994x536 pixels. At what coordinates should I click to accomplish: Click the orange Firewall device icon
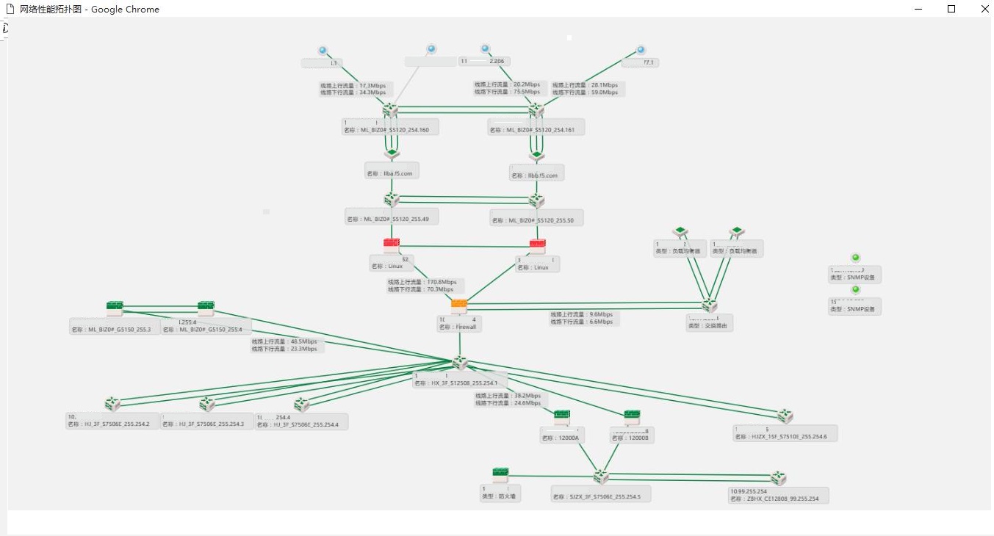pos(459,305)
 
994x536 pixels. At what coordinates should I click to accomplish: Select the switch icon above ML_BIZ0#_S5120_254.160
pos(390,109)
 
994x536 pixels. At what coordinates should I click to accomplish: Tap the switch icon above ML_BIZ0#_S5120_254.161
pos(536,109)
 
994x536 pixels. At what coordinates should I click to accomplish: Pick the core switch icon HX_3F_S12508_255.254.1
pos(460,363)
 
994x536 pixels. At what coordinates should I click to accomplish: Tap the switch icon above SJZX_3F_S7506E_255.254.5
pos(601,477)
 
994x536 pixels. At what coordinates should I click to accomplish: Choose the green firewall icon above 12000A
pos(562,416)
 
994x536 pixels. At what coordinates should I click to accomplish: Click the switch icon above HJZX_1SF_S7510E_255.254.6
pos(785,416)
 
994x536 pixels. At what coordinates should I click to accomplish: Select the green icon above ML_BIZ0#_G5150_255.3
pos(115,307)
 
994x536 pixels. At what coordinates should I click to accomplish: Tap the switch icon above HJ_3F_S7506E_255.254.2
pos(112,404)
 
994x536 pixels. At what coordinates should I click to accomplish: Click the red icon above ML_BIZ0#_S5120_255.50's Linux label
pos(538,245)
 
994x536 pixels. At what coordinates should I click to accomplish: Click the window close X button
pos(985,9)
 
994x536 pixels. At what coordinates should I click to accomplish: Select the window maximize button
pos(951,9)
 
